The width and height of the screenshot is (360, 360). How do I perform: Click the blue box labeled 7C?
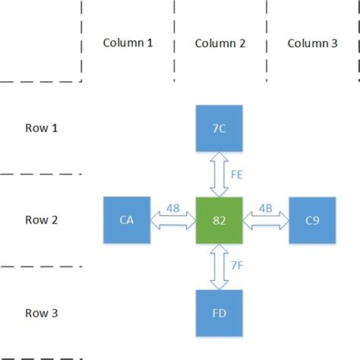click(219, 128)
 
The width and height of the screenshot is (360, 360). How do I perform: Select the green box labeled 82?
click(219, 220)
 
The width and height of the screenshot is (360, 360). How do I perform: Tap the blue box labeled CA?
click(127, 220)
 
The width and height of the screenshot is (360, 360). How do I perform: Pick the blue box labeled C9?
click(312, 220)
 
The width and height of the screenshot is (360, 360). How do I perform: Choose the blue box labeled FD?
click(219, 313)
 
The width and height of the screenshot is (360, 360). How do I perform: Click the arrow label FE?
click(237, 174)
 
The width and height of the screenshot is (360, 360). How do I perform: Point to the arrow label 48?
click(174, 207)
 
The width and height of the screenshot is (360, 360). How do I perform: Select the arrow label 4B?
click(266, 207)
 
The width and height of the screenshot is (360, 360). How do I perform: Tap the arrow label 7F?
click(237, 267)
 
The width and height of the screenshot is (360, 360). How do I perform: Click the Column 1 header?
click(128, 43)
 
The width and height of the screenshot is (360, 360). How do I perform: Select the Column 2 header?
click(220, 43)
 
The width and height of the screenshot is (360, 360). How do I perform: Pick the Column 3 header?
click(313, 43)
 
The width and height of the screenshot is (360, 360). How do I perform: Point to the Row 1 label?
click(40, 128)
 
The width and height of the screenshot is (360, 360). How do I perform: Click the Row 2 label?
click(40, 220)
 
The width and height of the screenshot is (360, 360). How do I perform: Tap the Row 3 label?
click(40, 313)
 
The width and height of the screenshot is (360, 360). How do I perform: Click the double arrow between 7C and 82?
click(219, 174)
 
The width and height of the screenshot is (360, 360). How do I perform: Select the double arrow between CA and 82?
click(173, 220)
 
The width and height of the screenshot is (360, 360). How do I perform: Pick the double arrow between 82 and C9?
click(266, 220)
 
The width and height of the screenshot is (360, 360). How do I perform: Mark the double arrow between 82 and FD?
click(219, 267)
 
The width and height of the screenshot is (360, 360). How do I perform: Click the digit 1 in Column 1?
click(150, 43)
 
